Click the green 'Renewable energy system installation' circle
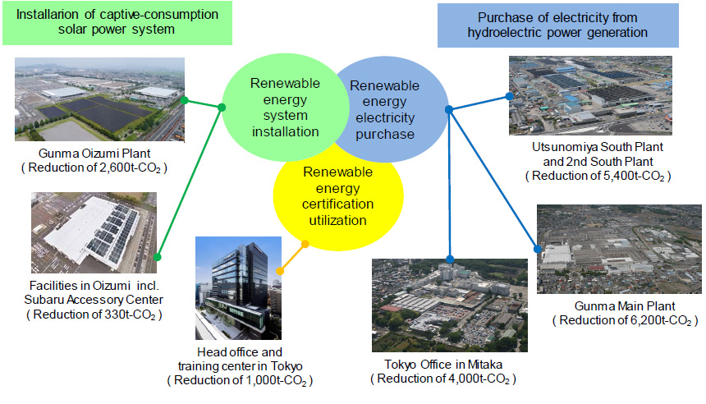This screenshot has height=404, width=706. pos(286,108)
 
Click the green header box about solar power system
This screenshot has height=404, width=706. pos(117,22)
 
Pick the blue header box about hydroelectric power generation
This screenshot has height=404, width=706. pos(558,25)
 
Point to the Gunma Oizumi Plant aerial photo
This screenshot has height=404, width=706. pos(99,99)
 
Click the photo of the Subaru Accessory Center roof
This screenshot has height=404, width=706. pos(94,232)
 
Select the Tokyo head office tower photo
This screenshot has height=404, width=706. pos(238,287)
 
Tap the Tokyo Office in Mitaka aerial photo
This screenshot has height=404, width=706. pos(449,305)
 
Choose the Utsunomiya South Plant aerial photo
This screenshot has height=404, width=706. pos(590,95)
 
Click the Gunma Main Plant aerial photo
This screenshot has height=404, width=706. pos(619,249)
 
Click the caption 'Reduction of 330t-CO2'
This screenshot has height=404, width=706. pos(94,314)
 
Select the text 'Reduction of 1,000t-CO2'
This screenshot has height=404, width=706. pos(240,380)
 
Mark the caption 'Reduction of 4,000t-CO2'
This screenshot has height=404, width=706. pos(443,379)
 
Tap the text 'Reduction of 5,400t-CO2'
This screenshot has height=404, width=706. pos(598,176)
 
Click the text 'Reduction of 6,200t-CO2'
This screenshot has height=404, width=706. pos(626,321)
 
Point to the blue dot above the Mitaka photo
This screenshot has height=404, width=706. pos(450,259)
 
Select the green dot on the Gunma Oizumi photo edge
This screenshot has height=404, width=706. pos(184,100)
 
